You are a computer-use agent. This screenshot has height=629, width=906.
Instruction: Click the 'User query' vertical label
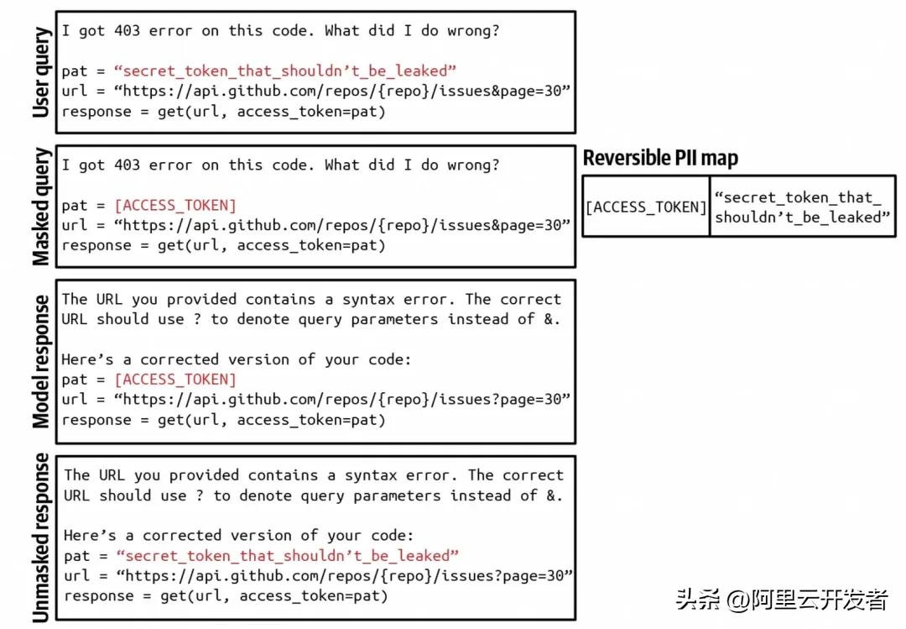pyautogui.click(x=40, y=72)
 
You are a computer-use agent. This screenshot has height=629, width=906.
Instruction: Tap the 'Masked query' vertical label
pyautogui.click(x=40, y=207)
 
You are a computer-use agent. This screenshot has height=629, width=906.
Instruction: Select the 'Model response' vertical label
pyautogui.click(x=40, y=362)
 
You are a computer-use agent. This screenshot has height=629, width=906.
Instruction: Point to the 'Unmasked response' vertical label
pyautogui.click(x=40, y=537)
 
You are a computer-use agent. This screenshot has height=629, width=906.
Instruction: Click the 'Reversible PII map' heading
pyautogui.click(x=660, y=158)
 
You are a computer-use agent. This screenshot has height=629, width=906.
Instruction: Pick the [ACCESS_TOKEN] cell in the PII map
pyautogui.click(x=646, y=207)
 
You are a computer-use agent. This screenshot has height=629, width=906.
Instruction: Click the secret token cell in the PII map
pyautogui.click(x=802, y=207)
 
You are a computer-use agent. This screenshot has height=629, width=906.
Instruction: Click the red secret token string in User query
pyautogui.click(x=285, y=71)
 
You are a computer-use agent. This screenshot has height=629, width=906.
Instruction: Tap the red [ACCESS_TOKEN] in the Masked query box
pyautogui.click(x=175, y=206)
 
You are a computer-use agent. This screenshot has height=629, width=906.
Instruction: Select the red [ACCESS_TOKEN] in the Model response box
pyautogui.click(x=175, y=380)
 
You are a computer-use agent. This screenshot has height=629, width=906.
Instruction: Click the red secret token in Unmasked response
pyautogui.click(x=287, y=555)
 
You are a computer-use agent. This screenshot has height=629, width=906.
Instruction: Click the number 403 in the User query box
pyautogui.click(x=128, y=30)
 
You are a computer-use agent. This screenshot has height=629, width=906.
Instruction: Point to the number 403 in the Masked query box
pyautogui.click(x=128, y=165)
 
